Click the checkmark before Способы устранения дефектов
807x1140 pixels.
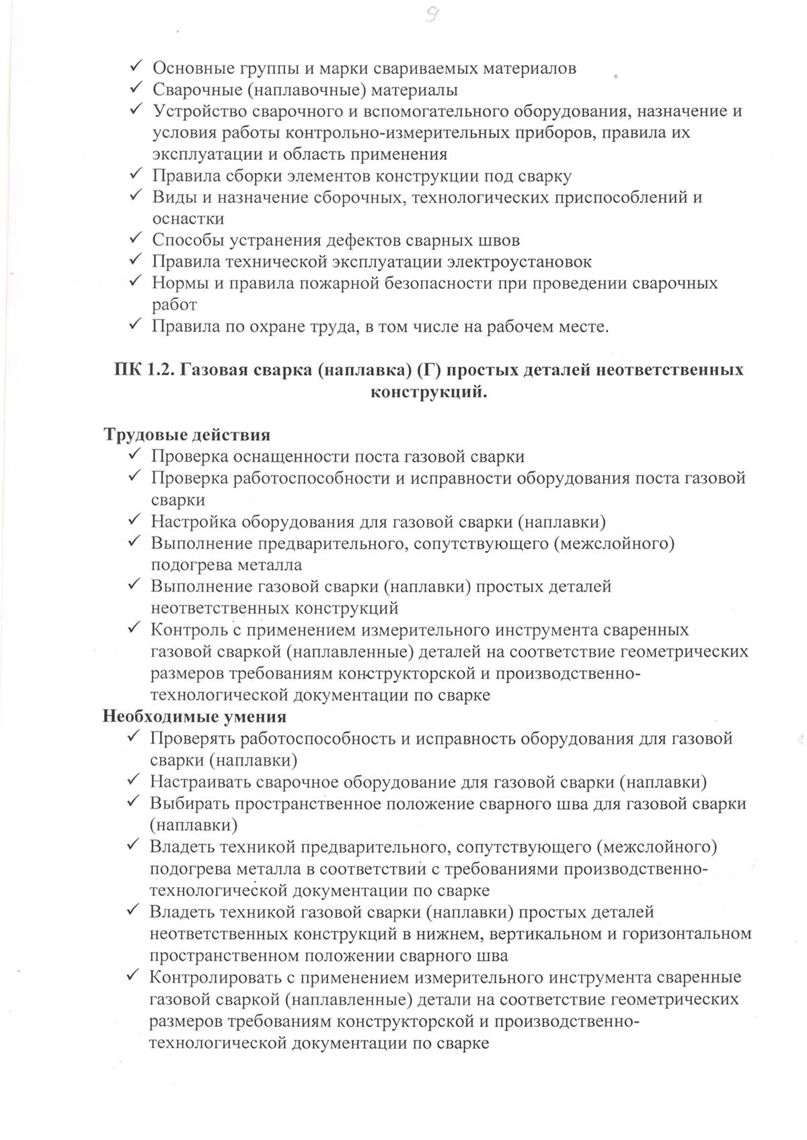135,239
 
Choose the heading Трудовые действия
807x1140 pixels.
187,435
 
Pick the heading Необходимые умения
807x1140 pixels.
194,717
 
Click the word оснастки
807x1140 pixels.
188,219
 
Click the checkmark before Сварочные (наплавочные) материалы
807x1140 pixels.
135,89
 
